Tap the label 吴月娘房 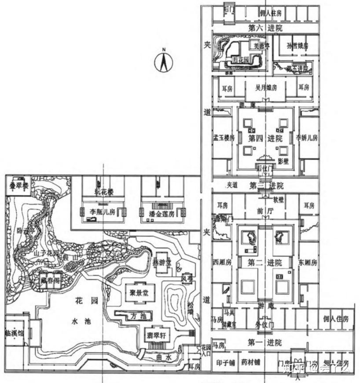click(x=266, y=88)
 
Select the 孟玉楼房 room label click(x=224, y=138)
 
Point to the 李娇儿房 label click(x=307, y=137)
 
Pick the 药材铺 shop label click(x=251, y=363)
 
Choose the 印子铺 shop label click(x=224, y=363)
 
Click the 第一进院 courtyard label click(x=264, y=342)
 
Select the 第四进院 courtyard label click(x=265, y=139)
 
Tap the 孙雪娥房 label click(x=297, y=46)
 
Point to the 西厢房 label click(x=222, y=263)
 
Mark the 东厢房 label click(x=307, y=263)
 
